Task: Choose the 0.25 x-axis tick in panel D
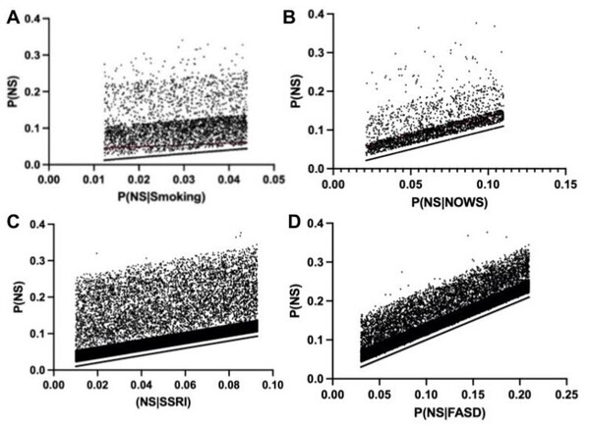[565, 394]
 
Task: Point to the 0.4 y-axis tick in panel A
[35, 20]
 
